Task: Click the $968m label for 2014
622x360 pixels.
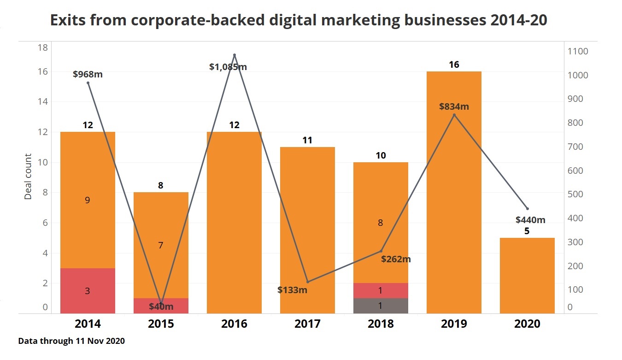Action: pos(88,74)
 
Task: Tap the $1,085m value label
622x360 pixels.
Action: pos(228,67)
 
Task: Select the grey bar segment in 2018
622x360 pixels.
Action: pos(381,306)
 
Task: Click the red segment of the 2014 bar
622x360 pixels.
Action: pos(88,291)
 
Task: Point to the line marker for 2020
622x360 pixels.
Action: pos(527,209)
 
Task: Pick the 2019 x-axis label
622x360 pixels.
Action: pos(454,324)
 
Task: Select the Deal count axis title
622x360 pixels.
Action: pos(29,177)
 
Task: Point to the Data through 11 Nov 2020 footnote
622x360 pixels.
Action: pos(71,342)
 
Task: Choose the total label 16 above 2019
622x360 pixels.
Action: pos(454,65)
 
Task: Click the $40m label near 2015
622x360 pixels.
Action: pos(161,307)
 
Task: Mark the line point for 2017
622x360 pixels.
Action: pos(307,282)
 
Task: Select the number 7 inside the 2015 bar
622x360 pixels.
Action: pos(161,245)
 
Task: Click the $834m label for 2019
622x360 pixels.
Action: pos(454,106)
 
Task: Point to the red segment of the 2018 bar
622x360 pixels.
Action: pos(381,290)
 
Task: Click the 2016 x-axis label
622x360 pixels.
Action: pos(234,324)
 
